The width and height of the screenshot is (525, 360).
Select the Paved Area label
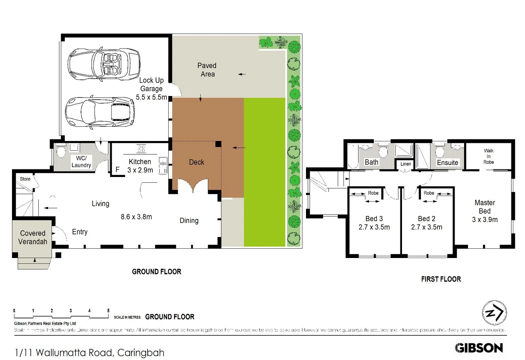(x=207, y=70)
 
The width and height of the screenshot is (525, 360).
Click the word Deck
(x=196, y=162)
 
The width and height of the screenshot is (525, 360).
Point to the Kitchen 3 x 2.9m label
(x=140, y=166)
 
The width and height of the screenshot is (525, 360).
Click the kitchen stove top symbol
(x=141, y=149)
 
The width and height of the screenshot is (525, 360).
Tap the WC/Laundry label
(x=81, y=162)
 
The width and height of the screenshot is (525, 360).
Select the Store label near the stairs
(x=25, y=179)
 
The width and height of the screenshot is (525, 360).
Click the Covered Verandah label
(x=33, y=237)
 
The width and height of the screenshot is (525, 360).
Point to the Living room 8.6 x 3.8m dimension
(x=136, y=217)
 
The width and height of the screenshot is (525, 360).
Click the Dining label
(x=189, y=221)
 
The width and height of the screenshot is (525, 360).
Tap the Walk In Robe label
(x=489, y=156)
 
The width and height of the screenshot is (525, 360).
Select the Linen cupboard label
(x=406, y=164)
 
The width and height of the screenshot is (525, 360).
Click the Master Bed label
(x=485, y=207)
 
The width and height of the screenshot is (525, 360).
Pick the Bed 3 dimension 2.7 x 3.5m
(x=374, y=227)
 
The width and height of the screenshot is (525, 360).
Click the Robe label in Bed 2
(x=429, y=193)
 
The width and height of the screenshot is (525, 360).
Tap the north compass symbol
(x=494, y=313)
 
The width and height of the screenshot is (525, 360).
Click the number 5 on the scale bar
(x=108, y=311)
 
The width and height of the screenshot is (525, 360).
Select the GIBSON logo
(x=479, y=348)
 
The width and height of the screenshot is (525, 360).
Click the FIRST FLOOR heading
(x=441, y=279)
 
